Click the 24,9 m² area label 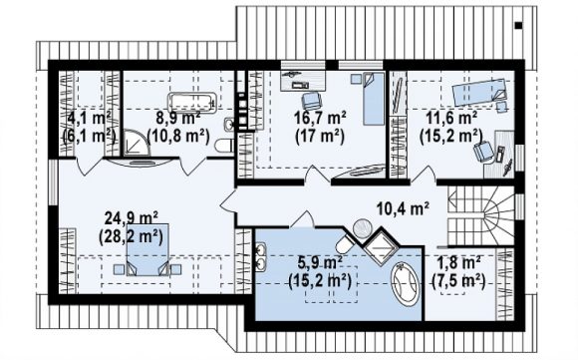tap(132, 218)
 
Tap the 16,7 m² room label tap(320, 119)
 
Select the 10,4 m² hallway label tap(403, 209)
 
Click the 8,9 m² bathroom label tap(178, 119)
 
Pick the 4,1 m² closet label tap(90, 119)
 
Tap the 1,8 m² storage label tap(458, 263)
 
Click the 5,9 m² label tap(320, 263)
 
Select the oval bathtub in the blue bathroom tap(405, 284)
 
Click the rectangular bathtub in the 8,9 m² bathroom tap(191, 101)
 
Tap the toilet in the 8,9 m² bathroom tap(223, 145)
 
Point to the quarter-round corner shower tap(137, 143)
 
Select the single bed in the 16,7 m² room tap(374, 99)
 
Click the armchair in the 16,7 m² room tap(310, 101)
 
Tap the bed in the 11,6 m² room tap(479, 92)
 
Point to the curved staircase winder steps tap(498, 215)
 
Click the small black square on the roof tap(518, 26)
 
